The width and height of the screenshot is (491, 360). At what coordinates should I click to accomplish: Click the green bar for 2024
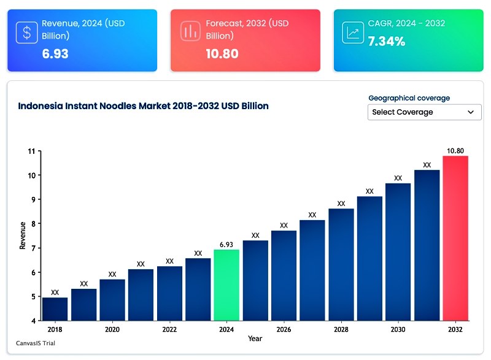click(x=226, y=285)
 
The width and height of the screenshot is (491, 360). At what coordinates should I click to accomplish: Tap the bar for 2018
click(x=55, y=309)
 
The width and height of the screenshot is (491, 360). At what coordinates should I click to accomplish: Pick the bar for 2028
click(x=341, y=264)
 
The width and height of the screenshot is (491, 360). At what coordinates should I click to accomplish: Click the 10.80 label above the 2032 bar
click(x=455, y=150)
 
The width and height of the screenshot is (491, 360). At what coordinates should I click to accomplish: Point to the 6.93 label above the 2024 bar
click(x=226, y=244)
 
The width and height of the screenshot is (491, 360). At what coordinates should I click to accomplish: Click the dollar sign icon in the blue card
click(x=27, y=33)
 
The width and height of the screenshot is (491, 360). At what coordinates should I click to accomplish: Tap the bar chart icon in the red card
click(x=190, y=33)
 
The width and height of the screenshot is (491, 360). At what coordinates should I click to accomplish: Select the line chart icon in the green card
click(x=353, y=33)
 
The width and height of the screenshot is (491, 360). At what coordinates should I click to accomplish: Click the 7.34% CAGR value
click(x=386, y=42)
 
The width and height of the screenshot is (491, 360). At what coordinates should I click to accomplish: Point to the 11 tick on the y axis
click(x=31, y=151)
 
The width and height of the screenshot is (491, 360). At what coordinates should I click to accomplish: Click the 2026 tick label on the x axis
click(x=284, y=329)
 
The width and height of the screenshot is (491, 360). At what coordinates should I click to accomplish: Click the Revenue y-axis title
click(x=23, y=236)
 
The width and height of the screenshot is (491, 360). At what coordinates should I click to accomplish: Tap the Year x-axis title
click(x=255, y=339)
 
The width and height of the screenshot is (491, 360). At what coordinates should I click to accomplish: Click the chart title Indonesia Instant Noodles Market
click(x=143, y=106)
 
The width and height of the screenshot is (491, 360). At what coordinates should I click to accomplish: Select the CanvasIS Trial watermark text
click(x=36, y=343)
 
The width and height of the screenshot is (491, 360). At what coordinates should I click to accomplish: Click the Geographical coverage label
click(x=409, y=98)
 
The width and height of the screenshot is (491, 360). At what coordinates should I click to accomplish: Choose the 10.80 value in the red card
click(x=222, y=53)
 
